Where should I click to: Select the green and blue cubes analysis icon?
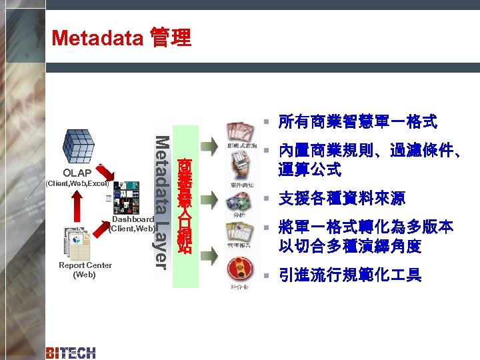[237, 201]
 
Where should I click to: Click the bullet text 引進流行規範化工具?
[349, 275]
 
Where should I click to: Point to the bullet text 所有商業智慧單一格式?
[357, 121]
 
